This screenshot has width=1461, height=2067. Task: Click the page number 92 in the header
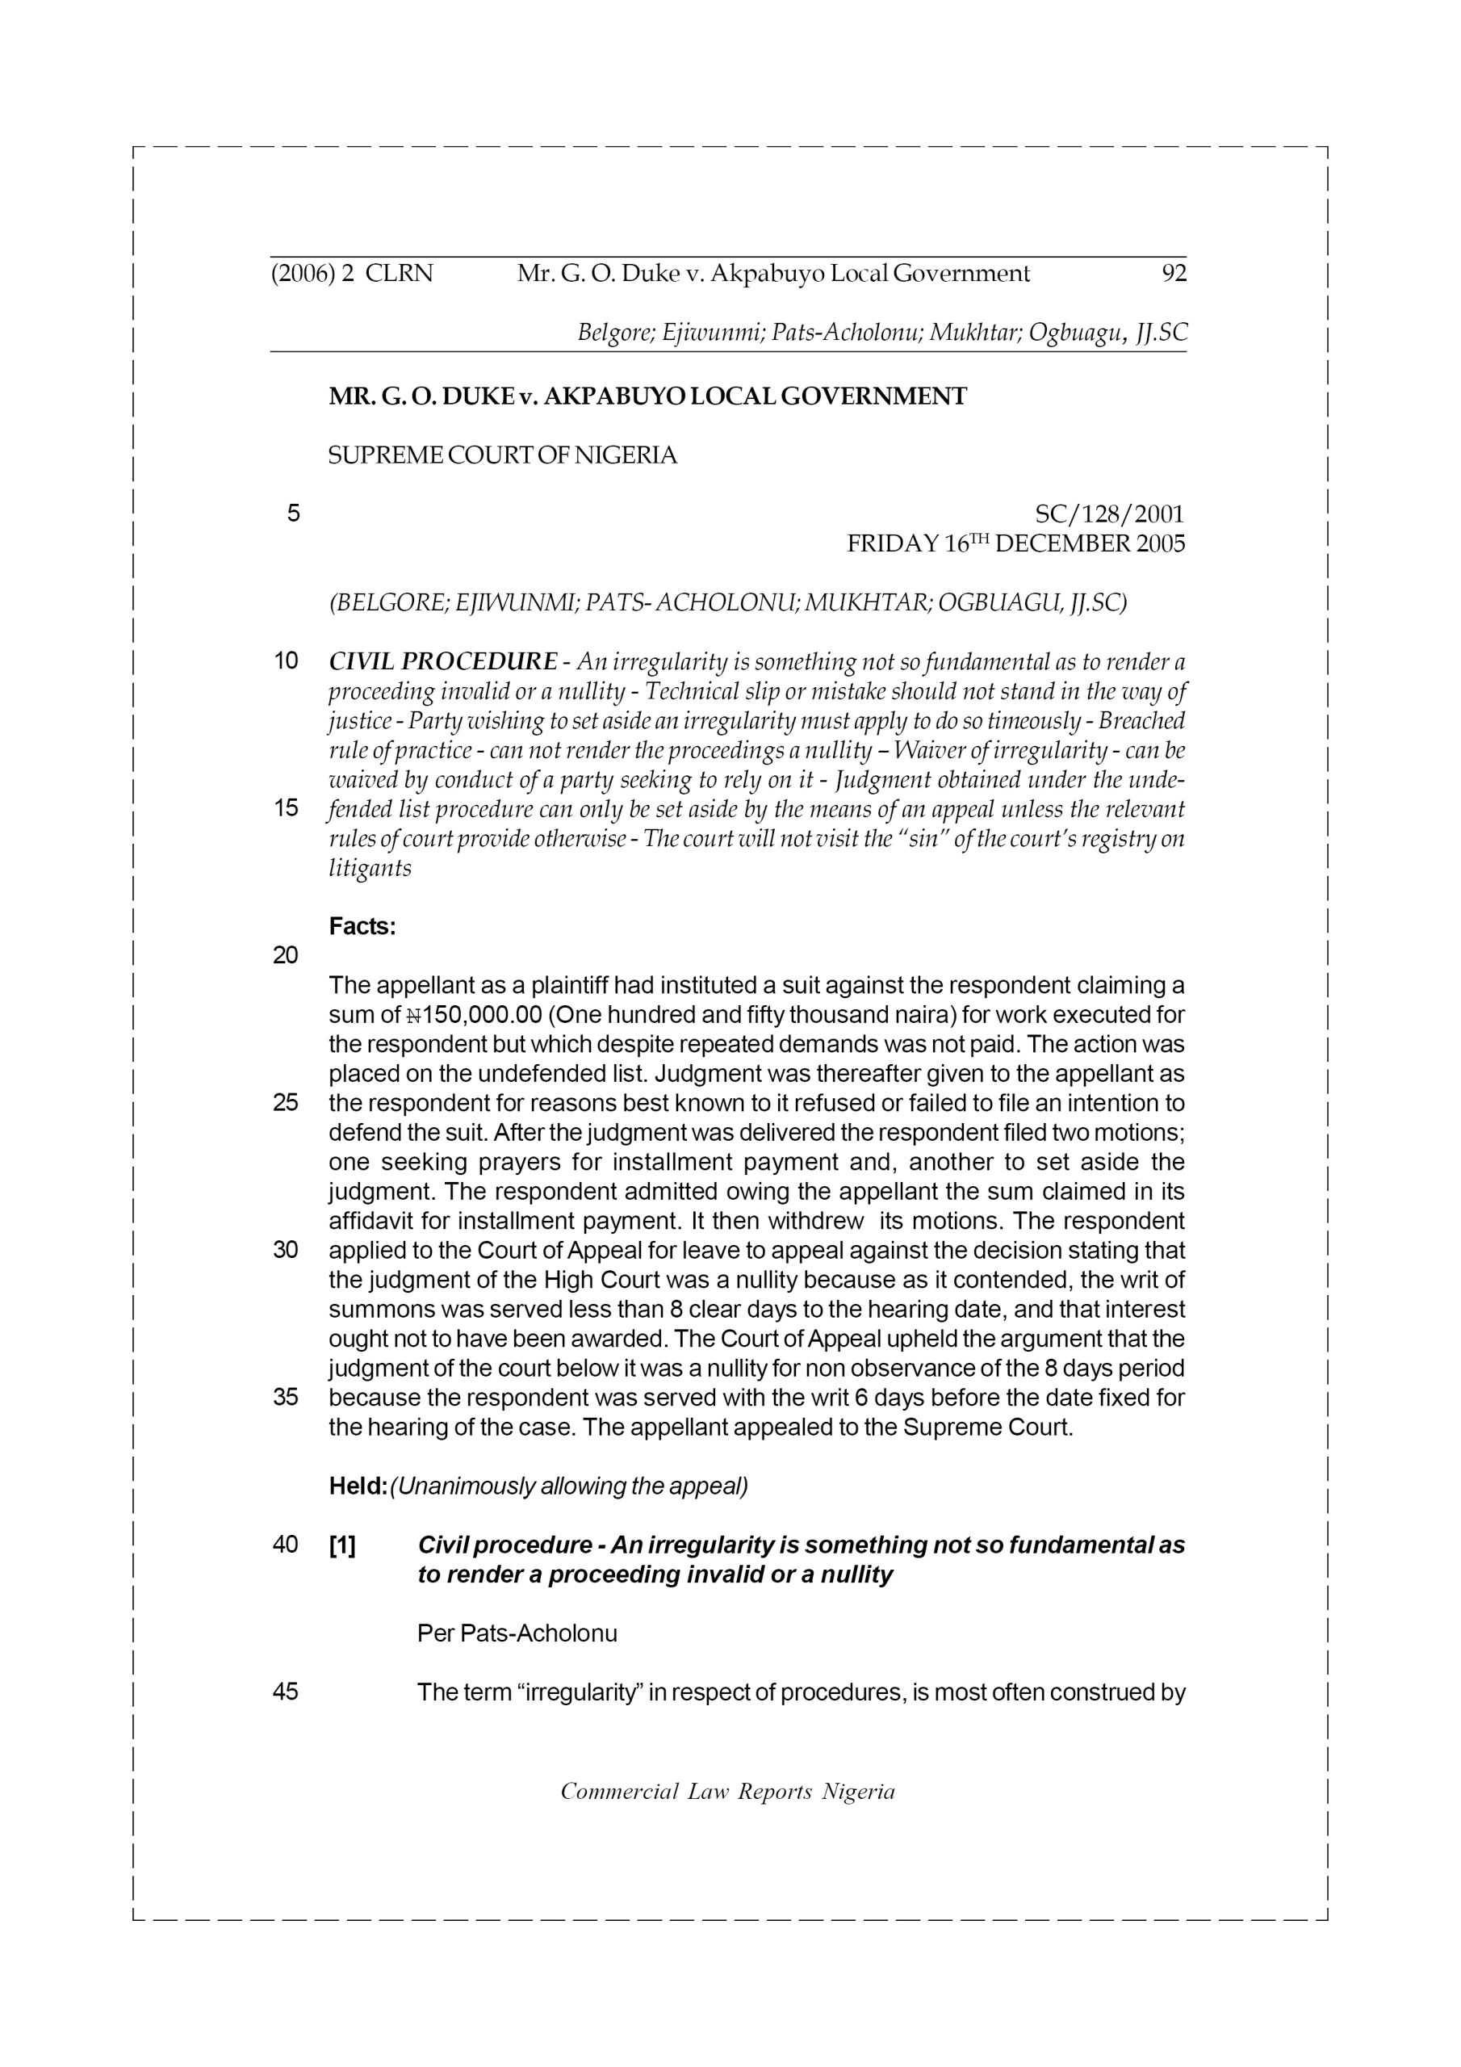(1174, 274)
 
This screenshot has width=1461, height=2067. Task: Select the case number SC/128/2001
(1110, 514)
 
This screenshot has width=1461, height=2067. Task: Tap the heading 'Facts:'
(362, 926)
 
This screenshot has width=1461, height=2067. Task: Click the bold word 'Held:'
(358, 1486)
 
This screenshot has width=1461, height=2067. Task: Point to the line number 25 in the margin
(286, 1104)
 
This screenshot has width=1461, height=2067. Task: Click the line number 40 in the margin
(286, 1545)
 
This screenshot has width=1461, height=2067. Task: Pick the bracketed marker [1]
(342, 1545)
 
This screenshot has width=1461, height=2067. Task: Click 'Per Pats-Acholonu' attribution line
(517, 1634)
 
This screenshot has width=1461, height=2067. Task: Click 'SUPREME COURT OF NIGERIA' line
(502, 456)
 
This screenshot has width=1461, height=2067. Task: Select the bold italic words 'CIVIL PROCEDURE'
(443, 663)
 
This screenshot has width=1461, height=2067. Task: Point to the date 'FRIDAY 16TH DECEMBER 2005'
(1015, 543)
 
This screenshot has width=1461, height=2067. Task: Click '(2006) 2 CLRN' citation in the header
(352, 274)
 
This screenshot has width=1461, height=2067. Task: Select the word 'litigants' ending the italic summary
(370, 869)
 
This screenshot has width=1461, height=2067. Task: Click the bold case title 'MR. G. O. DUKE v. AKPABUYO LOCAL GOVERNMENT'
(647, 397)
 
